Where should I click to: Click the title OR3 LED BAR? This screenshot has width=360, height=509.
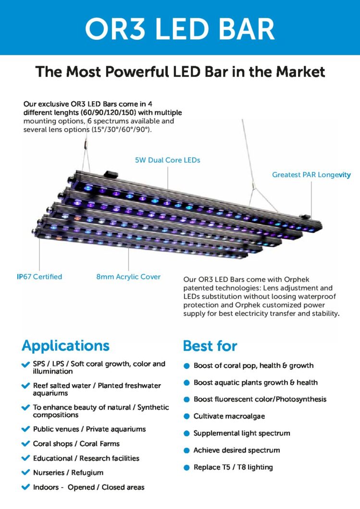[180, 29]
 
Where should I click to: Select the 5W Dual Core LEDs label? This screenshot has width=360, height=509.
[168, 160]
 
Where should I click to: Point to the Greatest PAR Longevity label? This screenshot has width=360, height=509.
[311, 175]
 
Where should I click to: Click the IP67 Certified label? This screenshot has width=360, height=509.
[39, 277]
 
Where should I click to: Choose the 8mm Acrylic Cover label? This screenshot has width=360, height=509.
[128, 277]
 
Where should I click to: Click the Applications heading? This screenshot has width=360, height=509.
[66, 346]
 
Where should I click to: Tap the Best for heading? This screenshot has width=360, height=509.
[210, 346]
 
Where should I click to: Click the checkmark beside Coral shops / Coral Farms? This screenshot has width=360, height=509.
[25, 443]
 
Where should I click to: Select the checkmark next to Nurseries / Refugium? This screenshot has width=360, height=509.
[25, 473]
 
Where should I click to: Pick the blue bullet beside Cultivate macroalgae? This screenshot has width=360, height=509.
[186, 416]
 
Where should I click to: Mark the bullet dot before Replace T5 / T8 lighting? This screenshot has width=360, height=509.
[186, 468]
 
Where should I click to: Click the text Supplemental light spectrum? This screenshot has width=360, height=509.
[242, 433]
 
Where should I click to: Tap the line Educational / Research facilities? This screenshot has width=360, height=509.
[86, 459]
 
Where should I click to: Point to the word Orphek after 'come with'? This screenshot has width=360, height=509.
[297, 279]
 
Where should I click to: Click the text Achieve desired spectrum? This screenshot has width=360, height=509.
[236, 450]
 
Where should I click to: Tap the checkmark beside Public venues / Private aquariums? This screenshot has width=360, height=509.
[25, 429]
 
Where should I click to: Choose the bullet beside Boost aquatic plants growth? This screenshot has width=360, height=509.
[186, 383]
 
